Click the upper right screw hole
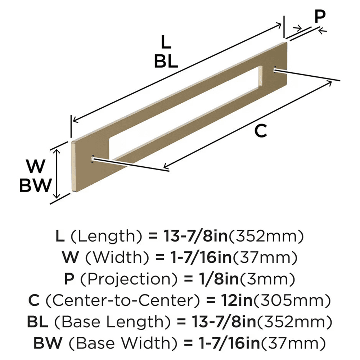coord(275,68)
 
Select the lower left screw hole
coord(93,158)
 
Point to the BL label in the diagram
coord(166,62)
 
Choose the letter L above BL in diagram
coord(166,43)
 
